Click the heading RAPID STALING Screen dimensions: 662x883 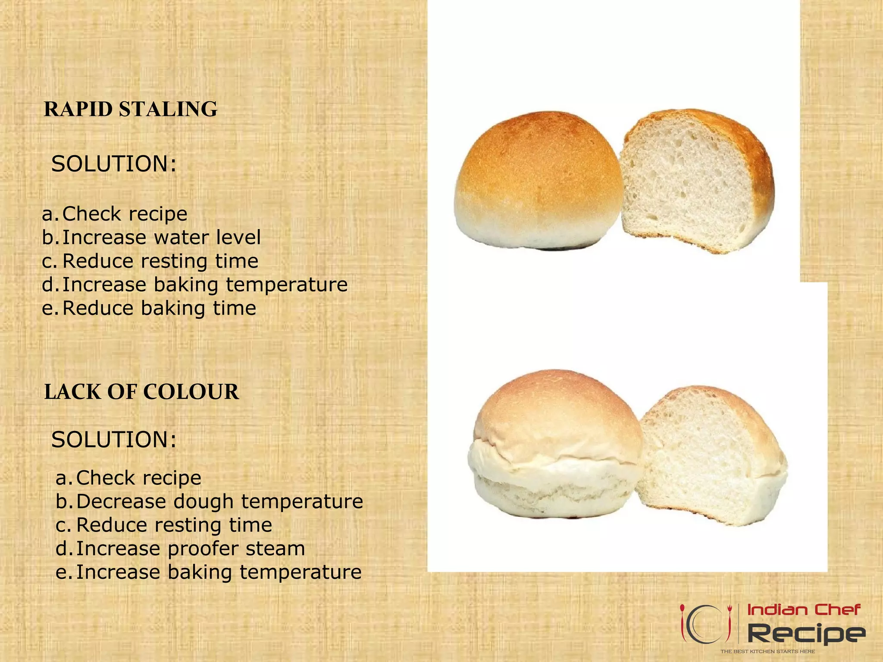131,109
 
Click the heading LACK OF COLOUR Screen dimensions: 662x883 141,392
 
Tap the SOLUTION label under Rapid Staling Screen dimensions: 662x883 114,164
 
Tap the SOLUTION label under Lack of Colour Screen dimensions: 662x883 114,440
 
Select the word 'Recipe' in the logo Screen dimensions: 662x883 806,634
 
